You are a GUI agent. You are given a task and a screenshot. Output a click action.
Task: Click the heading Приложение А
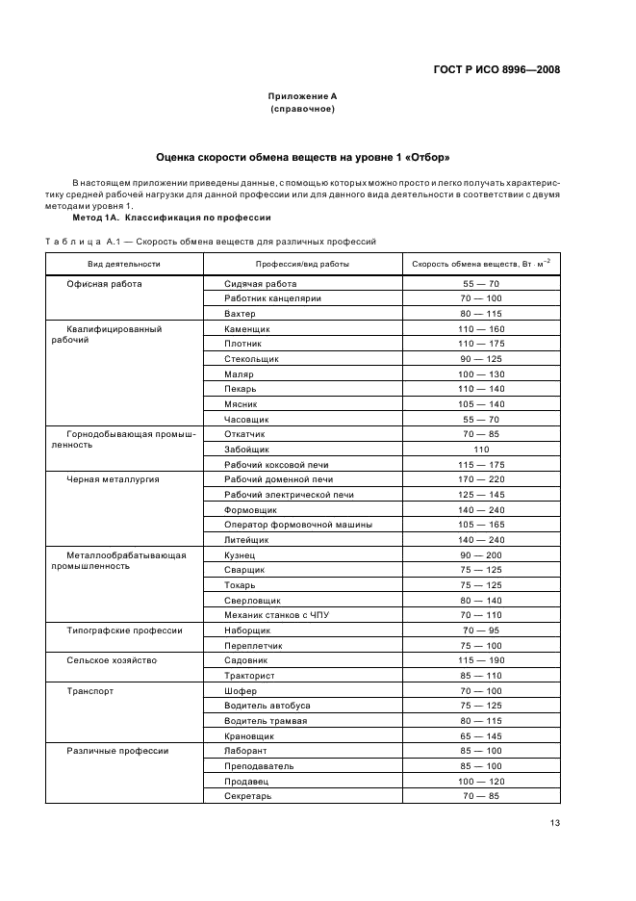click(302, 96)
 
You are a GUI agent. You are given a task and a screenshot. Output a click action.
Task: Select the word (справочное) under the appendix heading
click(302, 109)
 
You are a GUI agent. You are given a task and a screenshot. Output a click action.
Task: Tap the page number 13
click(554, 822)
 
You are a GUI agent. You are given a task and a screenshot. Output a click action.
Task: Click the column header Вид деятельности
click(124, 263)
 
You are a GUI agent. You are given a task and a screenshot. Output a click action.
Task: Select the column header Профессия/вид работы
click(302, 263)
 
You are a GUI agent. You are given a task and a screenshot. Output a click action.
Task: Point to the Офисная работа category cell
click(104, 284)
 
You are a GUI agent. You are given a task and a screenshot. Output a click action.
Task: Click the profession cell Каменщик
click(247, 328)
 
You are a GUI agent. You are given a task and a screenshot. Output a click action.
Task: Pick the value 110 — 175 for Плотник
click(481, 344)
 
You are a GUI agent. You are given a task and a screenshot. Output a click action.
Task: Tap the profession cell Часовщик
click(246, 420)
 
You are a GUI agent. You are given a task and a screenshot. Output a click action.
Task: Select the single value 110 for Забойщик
click(481, 450)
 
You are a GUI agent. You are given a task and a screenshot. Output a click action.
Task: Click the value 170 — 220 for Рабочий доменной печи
click(481, 479)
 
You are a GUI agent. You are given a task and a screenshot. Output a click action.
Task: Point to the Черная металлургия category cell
click(113, 479)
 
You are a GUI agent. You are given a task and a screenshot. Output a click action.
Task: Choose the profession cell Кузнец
click(241, 555)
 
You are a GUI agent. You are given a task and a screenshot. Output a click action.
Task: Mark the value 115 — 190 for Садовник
click(481, 661)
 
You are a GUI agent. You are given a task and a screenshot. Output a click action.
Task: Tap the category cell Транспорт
click(90, 691)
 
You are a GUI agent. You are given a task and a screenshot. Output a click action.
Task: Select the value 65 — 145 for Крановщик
click(481, 736)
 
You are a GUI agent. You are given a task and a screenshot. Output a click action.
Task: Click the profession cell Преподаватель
click(259, 766)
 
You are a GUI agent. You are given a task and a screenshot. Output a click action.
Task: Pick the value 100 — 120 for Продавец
click(481, 782)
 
